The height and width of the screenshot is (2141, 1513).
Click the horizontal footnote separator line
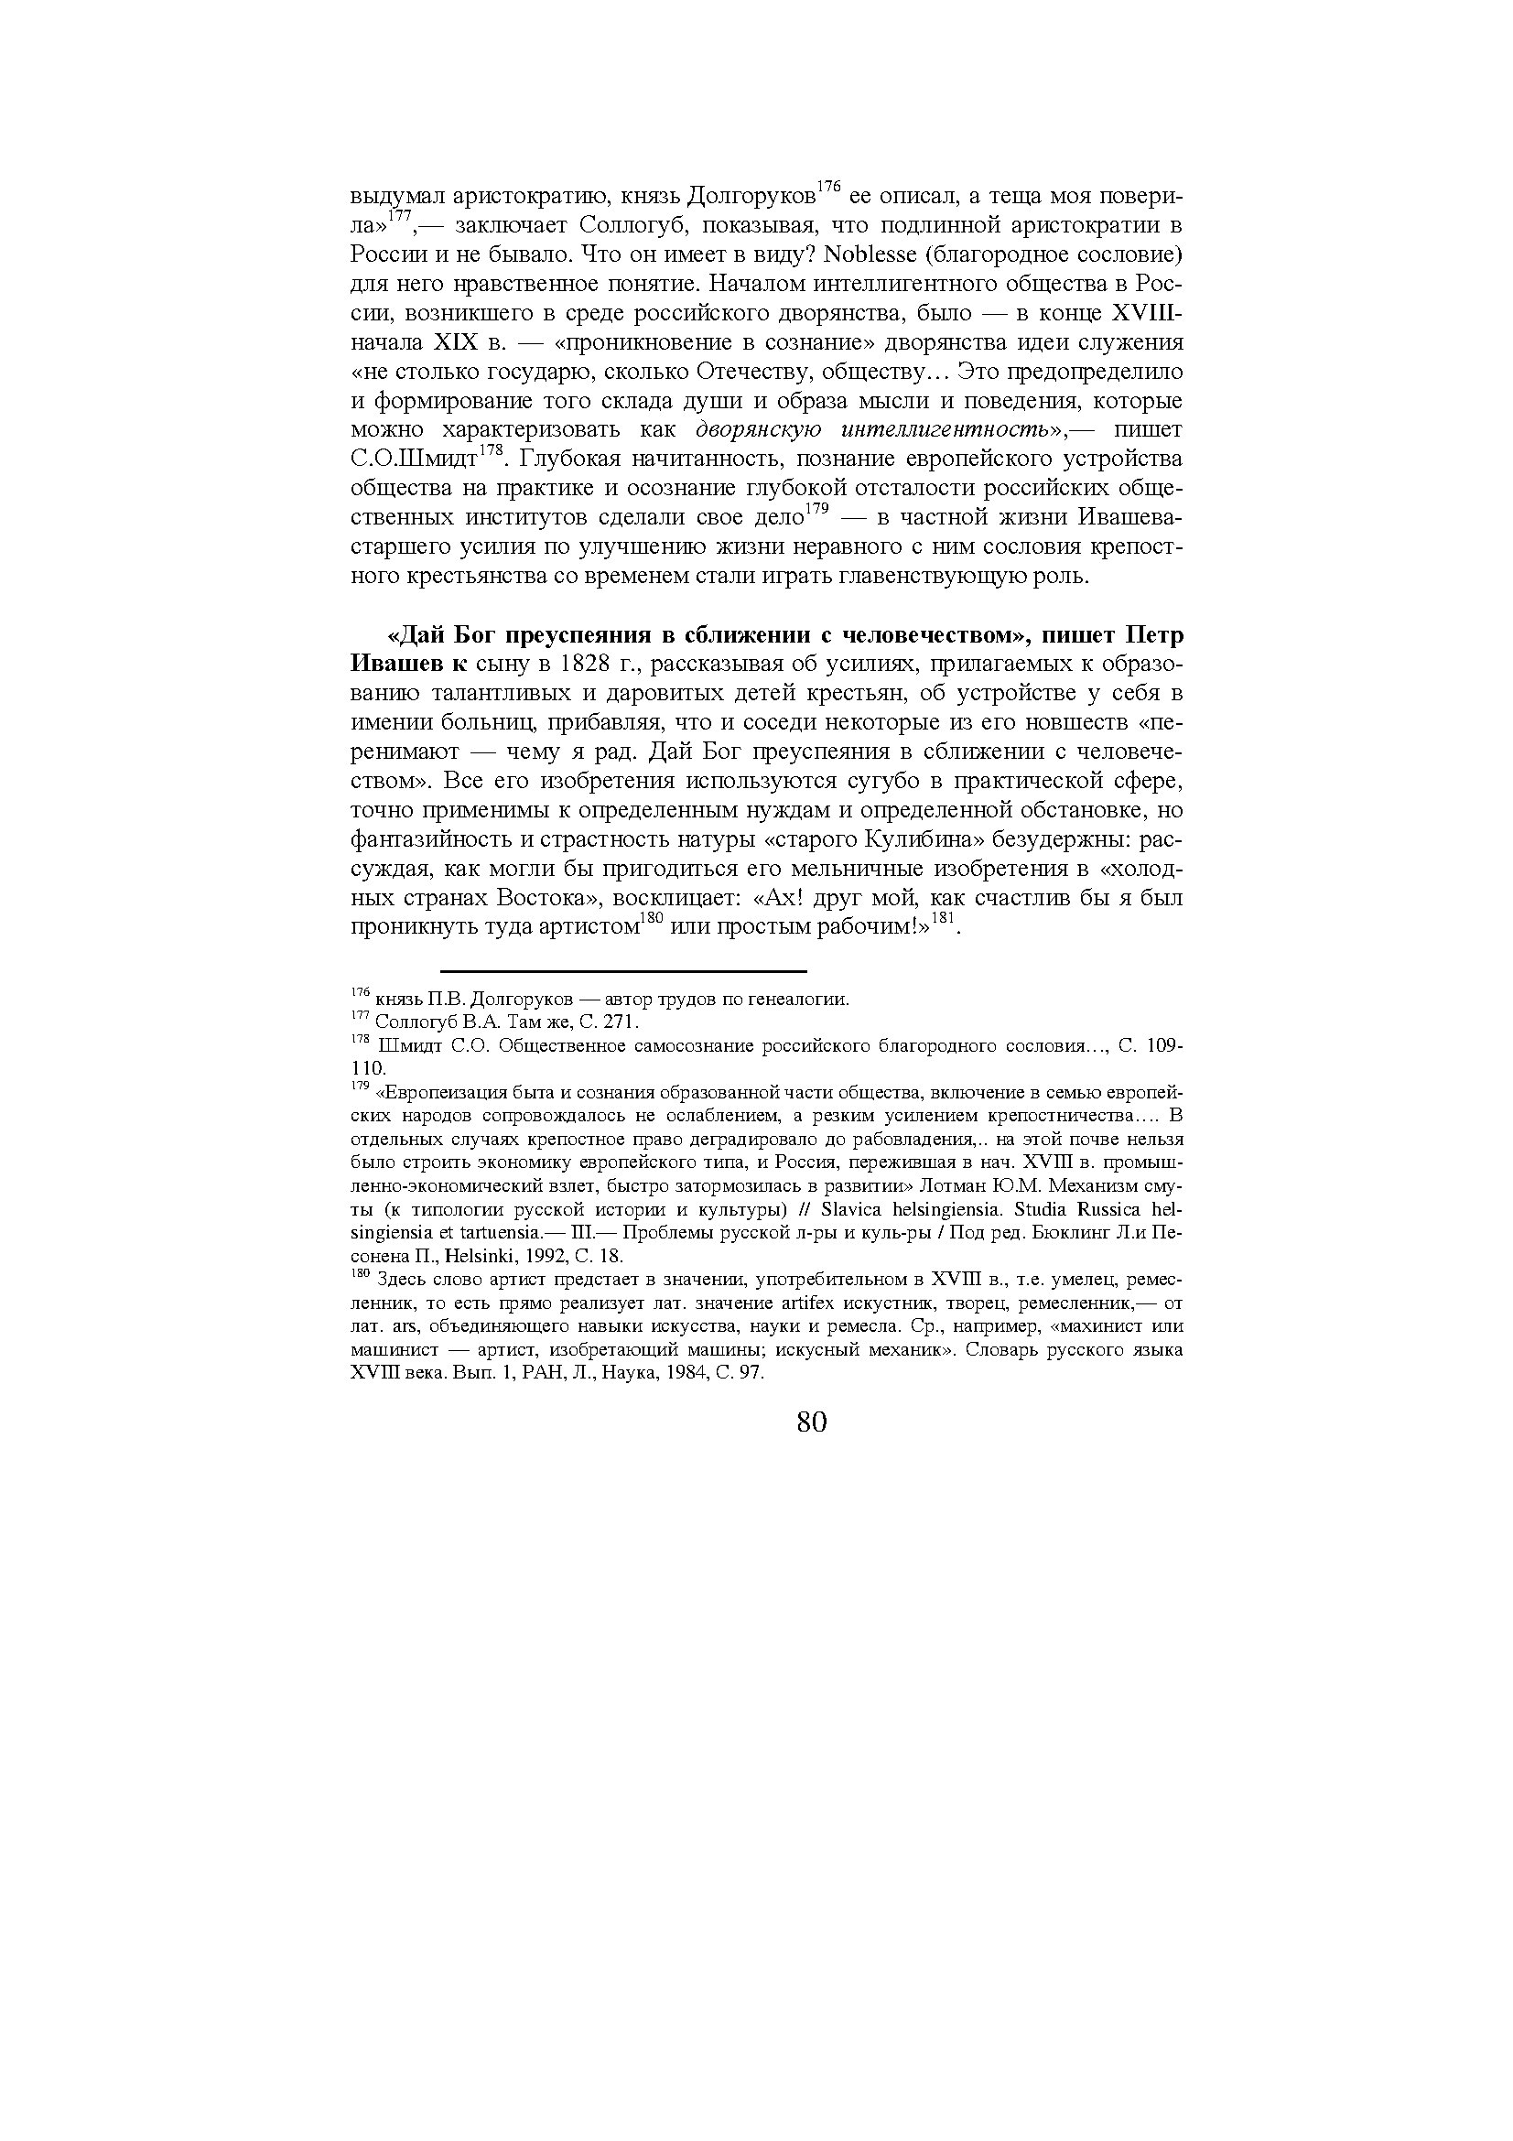(622, 972)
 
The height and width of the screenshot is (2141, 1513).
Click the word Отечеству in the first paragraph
(770, 371)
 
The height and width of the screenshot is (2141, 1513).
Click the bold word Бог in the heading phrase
(477, 635)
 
